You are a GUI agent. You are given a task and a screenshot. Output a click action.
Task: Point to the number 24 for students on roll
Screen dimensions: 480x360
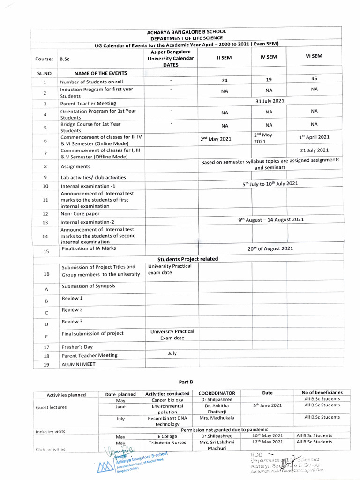pos(224,80)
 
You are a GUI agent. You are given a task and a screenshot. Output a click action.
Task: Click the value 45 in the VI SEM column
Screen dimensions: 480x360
pos(314,79)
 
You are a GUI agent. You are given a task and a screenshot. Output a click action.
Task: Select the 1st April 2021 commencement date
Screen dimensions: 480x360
pos(314,137)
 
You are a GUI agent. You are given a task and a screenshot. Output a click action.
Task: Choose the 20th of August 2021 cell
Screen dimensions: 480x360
pos(270,248)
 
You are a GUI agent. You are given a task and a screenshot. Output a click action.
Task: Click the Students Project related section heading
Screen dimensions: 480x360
pos(187,259)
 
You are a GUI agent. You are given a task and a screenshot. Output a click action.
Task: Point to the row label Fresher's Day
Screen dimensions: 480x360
pos(77,347)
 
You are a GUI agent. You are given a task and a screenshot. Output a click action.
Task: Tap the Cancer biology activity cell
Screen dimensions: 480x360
pos(167,400)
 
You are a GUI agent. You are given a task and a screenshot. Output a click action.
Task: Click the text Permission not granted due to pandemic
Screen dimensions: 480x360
pos(225,429)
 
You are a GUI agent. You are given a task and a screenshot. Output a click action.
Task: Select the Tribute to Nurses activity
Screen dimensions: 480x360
pos(167,442)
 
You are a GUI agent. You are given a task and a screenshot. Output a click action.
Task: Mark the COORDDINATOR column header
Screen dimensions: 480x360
pos(217,393)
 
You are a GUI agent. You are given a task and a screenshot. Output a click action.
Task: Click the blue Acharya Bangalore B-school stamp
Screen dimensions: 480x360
pos(136,463)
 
